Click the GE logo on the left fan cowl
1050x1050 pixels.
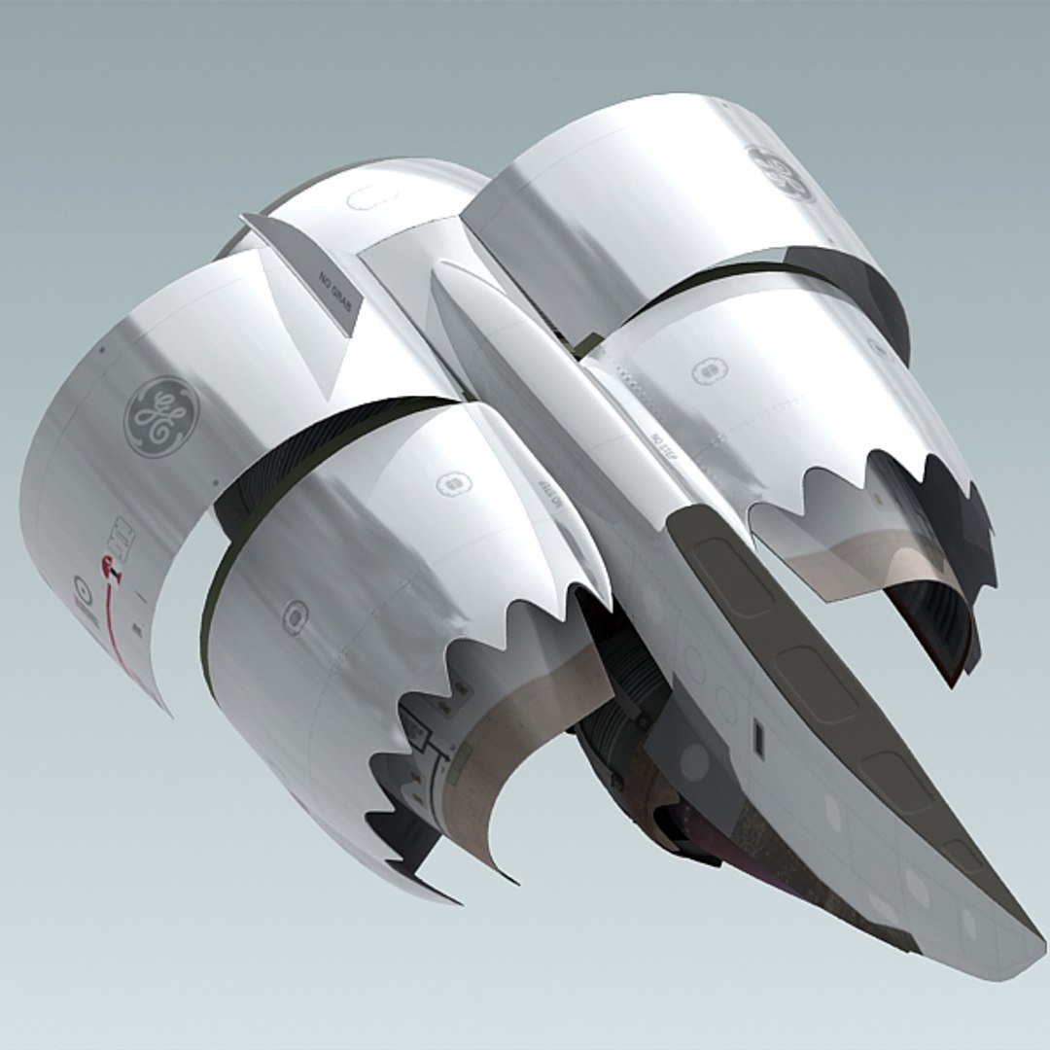point(161,416)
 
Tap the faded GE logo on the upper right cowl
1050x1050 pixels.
point(779,173)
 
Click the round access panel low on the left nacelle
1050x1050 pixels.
point(294,616)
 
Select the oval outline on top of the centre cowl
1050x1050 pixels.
point(366,199)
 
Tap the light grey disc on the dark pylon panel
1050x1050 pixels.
point(693,763)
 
